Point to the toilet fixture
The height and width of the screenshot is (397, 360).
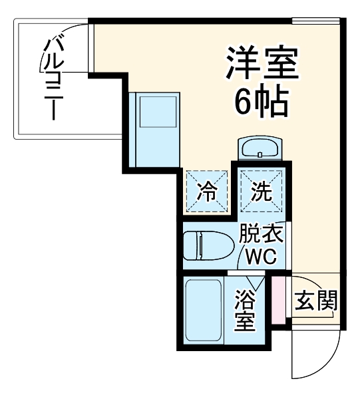(x=208, y=245)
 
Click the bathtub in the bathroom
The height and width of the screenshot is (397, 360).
(x=203, y=310)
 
